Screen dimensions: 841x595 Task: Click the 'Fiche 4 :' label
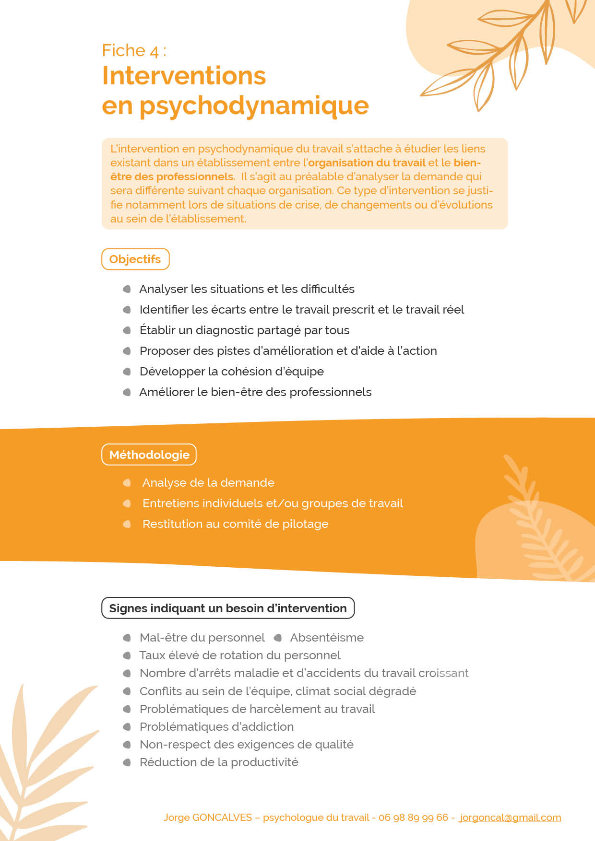click(134, 50)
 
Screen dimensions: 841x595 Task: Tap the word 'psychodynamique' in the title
click(254, 105)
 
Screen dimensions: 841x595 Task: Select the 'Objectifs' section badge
click(135, 259)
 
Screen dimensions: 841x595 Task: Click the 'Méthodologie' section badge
click(149, 455)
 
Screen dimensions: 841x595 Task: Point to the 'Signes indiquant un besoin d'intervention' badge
click(228, 608)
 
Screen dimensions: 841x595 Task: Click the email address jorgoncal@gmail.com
click(510, 818)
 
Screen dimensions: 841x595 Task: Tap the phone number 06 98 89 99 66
click(413, 818)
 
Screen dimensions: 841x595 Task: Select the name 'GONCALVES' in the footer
click(222, 818)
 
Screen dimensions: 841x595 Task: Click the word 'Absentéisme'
click(327, 638)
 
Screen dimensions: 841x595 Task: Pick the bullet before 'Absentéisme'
click(277, 638)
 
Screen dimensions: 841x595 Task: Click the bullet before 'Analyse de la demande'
click(127, 483)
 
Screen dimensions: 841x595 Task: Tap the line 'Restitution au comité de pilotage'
click(235, 524)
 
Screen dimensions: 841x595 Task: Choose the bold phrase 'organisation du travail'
click(367, 163)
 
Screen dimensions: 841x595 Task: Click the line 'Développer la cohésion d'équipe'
click(231, 372)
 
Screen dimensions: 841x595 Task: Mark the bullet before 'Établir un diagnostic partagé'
click(127, 330)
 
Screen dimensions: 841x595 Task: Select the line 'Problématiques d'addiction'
click(216, 727)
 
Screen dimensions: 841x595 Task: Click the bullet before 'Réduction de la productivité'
click(127, 762)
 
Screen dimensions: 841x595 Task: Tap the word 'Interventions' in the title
click(184, 76)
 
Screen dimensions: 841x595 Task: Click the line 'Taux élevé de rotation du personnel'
click(240, 655)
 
